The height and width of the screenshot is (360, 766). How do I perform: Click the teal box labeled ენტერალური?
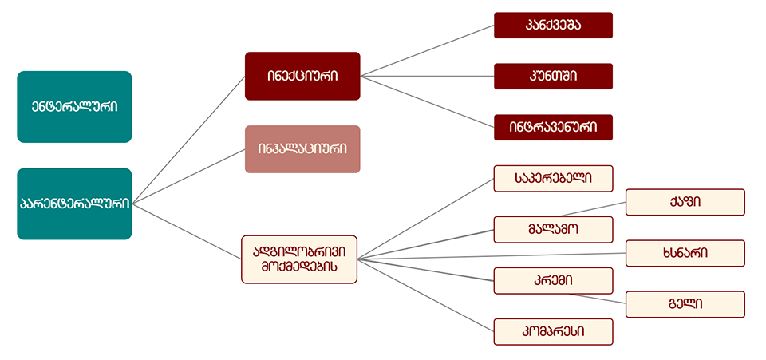(74, 107)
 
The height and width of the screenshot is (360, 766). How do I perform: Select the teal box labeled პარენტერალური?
(74, 204)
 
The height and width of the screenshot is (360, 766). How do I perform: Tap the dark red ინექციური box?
(302, 76)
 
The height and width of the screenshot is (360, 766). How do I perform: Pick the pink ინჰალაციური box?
(302, 149)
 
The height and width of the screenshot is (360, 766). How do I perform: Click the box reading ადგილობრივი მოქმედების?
(299, 259)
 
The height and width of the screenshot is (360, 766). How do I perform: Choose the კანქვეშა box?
(553, 25)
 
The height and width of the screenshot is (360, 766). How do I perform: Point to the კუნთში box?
(553, 76)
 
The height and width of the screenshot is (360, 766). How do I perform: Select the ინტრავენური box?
(553, 127)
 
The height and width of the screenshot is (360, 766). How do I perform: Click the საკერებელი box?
(553, 178)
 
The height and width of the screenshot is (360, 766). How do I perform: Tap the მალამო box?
(553, 229)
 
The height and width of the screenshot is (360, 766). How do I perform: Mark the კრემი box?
(553, 280)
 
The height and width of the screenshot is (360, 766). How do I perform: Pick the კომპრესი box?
(553, 331)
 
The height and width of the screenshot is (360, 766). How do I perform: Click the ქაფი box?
(685, 202)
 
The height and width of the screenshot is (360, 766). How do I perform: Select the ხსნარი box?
(685, 253)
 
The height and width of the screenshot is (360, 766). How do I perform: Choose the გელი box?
(685, 304)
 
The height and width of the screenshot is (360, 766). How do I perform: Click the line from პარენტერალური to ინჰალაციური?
(188, 176)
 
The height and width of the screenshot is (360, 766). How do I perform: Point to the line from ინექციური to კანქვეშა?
(427, 50)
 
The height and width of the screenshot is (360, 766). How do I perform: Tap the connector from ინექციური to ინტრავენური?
(427, 101)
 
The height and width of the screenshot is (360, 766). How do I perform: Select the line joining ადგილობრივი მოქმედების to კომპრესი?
(427, 295)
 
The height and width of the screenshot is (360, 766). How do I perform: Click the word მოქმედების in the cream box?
(299, 268)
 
